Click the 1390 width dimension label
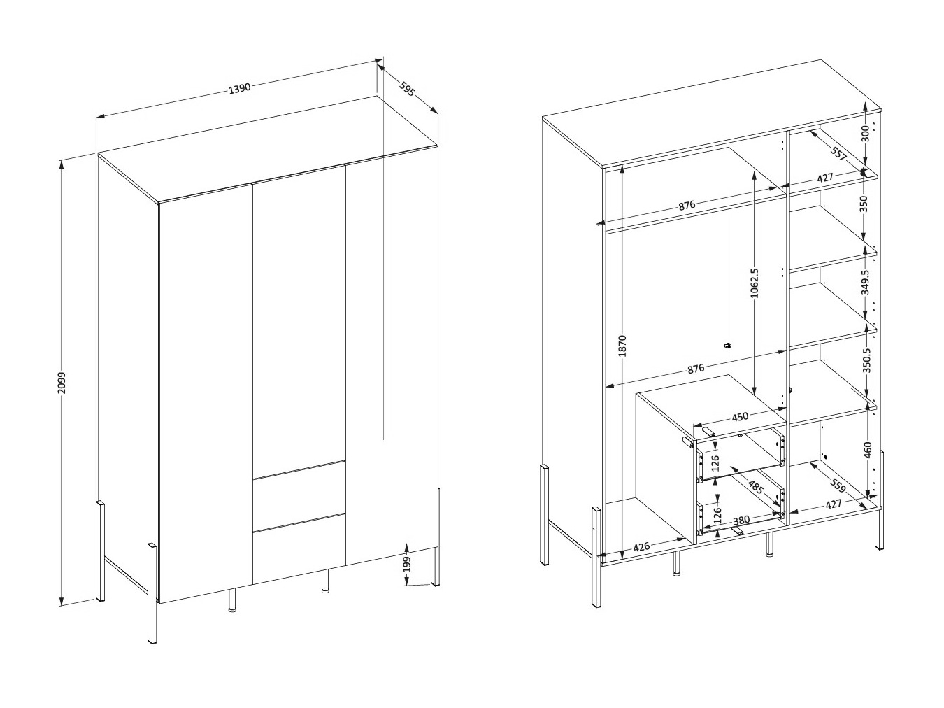(x=240, y=89)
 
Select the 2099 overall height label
(x=62, y=383)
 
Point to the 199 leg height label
(x=407, y=565)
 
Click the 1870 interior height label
(x=622, y=346)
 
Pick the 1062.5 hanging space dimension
(x=754, y=283)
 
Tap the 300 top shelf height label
(x=866, y=134)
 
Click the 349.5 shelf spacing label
(x=865, y=282)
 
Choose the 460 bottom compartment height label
(x=868, y=450)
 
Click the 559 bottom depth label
(x=837, y=485)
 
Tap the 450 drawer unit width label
(x=740, y=416)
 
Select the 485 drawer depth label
(x=755, y=487)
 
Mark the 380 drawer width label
(x=741, y=521)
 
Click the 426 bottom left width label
(x=641, y=547)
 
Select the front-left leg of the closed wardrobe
(x=152, y=593)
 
